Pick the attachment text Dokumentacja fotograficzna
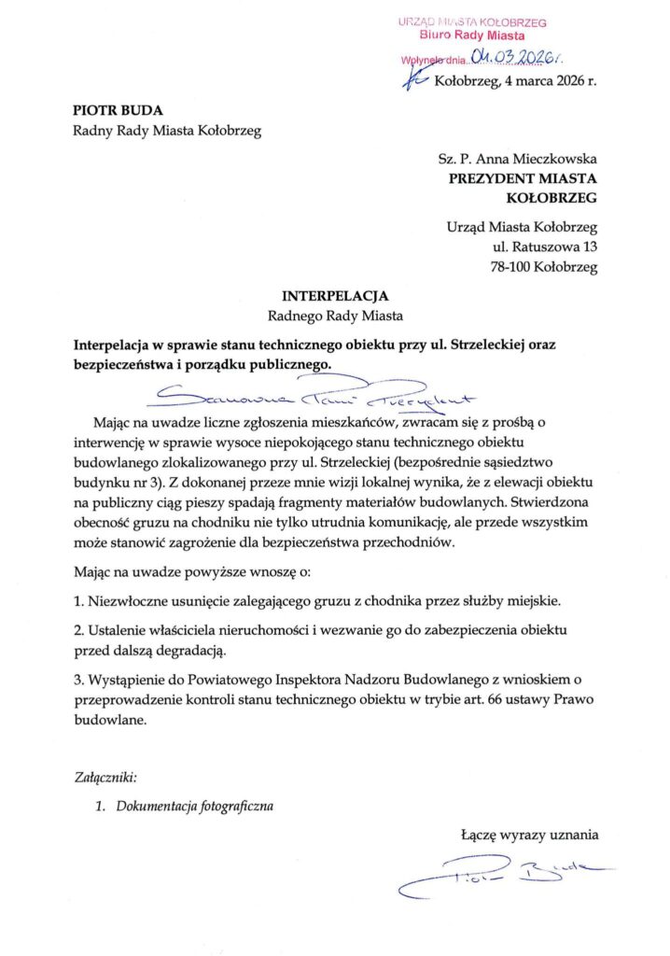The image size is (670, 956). pos(194,805)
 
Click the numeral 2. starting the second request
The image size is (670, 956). pos(78,630)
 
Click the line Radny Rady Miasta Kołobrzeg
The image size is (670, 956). pos(166,131)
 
